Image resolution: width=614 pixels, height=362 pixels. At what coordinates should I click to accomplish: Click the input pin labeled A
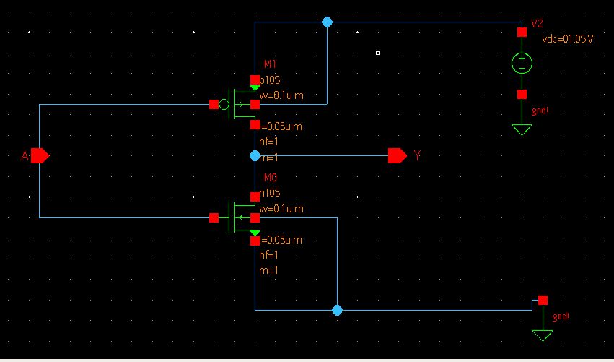click(39, 155)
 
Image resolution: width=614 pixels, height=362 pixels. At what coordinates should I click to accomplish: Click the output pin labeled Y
click(397, 155)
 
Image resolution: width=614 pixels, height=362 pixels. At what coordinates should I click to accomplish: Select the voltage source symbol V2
click(522, 63)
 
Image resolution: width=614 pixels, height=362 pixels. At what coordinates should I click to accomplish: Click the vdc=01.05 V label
click(567, 38)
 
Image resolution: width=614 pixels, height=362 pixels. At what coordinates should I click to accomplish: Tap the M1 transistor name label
click(271, 65)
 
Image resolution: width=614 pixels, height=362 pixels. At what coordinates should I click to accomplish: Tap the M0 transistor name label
click(271, 178)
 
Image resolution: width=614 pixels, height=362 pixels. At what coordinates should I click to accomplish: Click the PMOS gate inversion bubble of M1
click(224, 105)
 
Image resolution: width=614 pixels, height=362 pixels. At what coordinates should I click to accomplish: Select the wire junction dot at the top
click(327, 22)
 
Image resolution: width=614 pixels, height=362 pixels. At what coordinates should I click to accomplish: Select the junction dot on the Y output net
click(255, 155)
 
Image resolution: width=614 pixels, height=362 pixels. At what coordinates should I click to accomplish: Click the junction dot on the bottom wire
click(337, 310)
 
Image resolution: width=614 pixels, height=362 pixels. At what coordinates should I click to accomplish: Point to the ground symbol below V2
click(522, 129)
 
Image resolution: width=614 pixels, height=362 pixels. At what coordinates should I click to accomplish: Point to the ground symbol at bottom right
click(543, 335)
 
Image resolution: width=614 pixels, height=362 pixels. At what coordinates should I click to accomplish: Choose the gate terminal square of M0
click(214, 217)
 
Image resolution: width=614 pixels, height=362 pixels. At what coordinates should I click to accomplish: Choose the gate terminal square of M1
click(214, 104)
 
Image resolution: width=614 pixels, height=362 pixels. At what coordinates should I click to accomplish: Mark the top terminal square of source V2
click(522, 32)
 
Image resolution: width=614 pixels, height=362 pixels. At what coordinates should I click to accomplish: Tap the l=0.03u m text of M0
click(281, 240)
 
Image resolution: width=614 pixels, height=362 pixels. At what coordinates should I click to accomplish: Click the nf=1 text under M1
click(268, 142)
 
